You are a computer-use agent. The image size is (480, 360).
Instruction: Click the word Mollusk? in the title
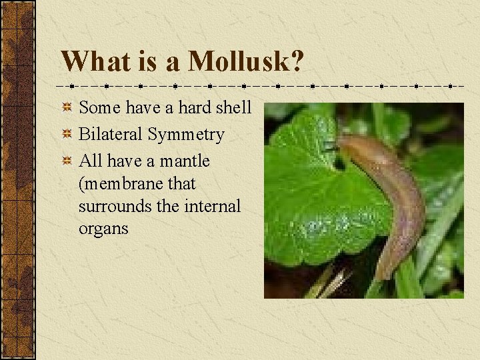[x=246, y=62]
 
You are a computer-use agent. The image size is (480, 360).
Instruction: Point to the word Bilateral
[x=111, y=135]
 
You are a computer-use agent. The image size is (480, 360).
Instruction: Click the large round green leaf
[x=313, y=193]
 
